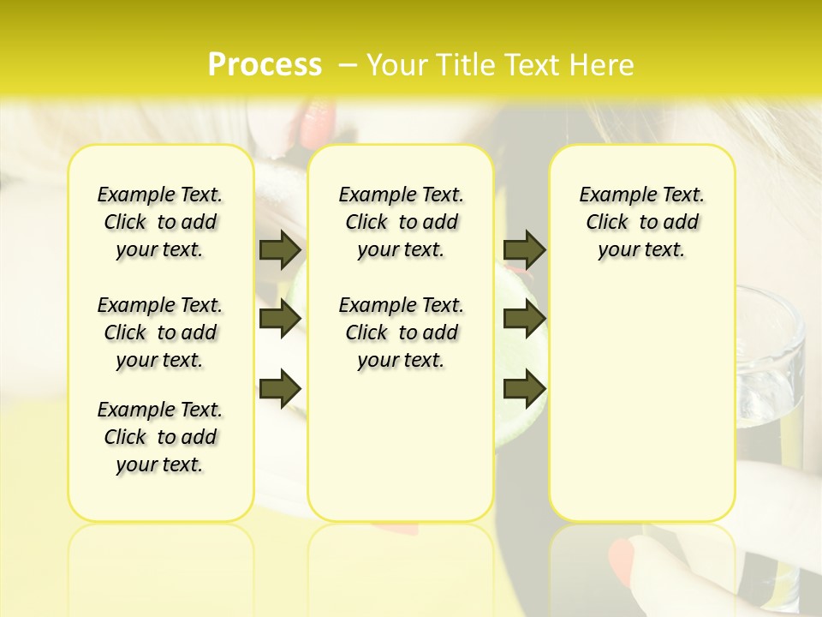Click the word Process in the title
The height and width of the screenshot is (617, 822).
(x=265, y=65)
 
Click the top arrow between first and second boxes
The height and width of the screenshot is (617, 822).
(x=280, y=249)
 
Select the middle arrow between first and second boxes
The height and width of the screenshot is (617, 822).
(x=280, y=319)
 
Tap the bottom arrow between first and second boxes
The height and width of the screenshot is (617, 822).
(x=280, y=388)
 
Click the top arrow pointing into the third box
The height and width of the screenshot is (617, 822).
(x=524, y=249)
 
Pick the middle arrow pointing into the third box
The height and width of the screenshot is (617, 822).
(x=524, y=319)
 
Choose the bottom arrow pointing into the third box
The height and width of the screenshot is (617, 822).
(x=524, y=388)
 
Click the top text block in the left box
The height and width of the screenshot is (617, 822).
(x=160, y=222)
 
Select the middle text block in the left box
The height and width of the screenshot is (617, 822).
(x=160, y=332)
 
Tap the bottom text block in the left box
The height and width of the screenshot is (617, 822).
(x=160, y=437)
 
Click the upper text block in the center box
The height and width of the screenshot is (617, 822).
(x=402, y=222)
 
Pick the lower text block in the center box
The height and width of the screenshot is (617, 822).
(x=402, y=332)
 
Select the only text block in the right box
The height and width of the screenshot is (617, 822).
(x=642, y=222)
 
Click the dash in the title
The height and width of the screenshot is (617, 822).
(x=348, y=66)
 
